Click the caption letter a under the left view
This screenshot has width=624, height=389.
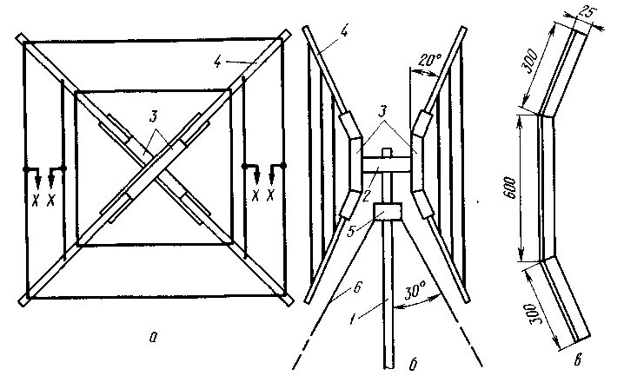pos(153,339)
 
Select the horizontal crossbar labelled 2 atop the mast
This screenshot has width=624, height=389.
pos(386,163)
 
